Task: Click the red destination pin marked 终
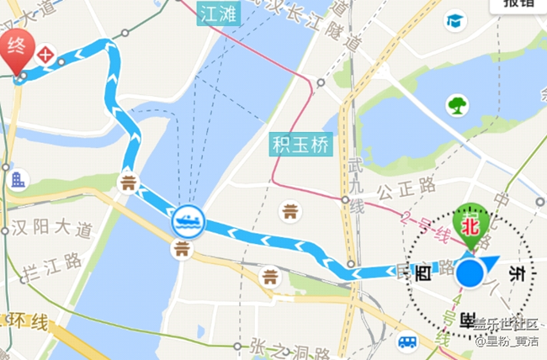pos(18,48)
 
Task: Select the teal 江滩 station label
pos(217,13)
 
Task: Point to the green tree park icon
pos(457,105)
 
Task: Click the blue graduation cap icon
pos(456,21)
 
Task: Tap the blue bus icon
pos(408,341)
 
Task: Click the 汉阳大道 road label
pos(48,227)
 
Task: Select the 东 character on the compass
pos(518,274)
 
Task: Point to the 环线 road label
pos(29,321)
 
